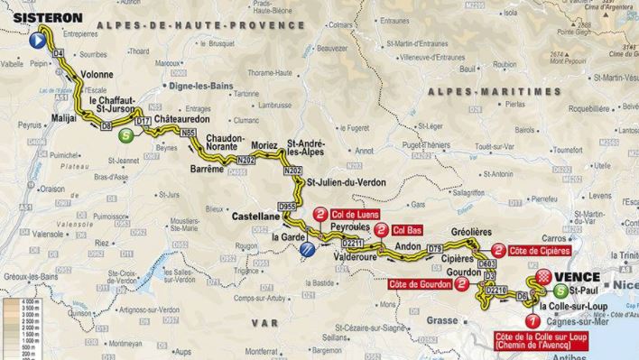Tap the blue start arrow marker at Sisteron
(38, 41)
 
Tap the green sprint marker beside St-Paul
(562, 291)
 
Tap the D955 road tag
(287, 207)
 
